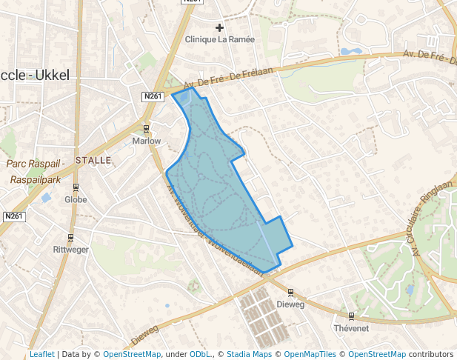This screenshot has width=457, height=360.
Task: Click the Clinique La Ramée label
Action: (219, 39)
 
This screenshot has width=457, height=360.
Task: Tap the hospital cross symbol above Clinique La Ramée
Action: (219, 28)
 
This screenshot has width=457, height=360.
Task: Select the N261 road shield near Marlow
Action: (153, 96)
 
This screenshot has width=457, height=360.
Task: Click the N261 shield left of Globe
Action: (13, 216)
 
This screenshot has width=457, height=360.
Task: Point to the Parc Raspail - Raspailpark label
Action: (36, 171)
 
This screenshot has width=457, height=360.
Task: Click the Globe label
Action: (76, 199)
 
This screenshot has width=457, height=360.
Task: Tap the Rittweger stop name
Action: (70, 250)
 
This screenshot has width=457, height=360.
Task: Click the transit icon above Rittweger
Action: (70, 238)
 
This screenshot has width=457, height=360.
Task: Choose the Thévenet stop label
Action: (351, 328)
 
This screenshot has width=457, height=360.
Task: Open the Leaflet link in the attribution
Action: (41, 355)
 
